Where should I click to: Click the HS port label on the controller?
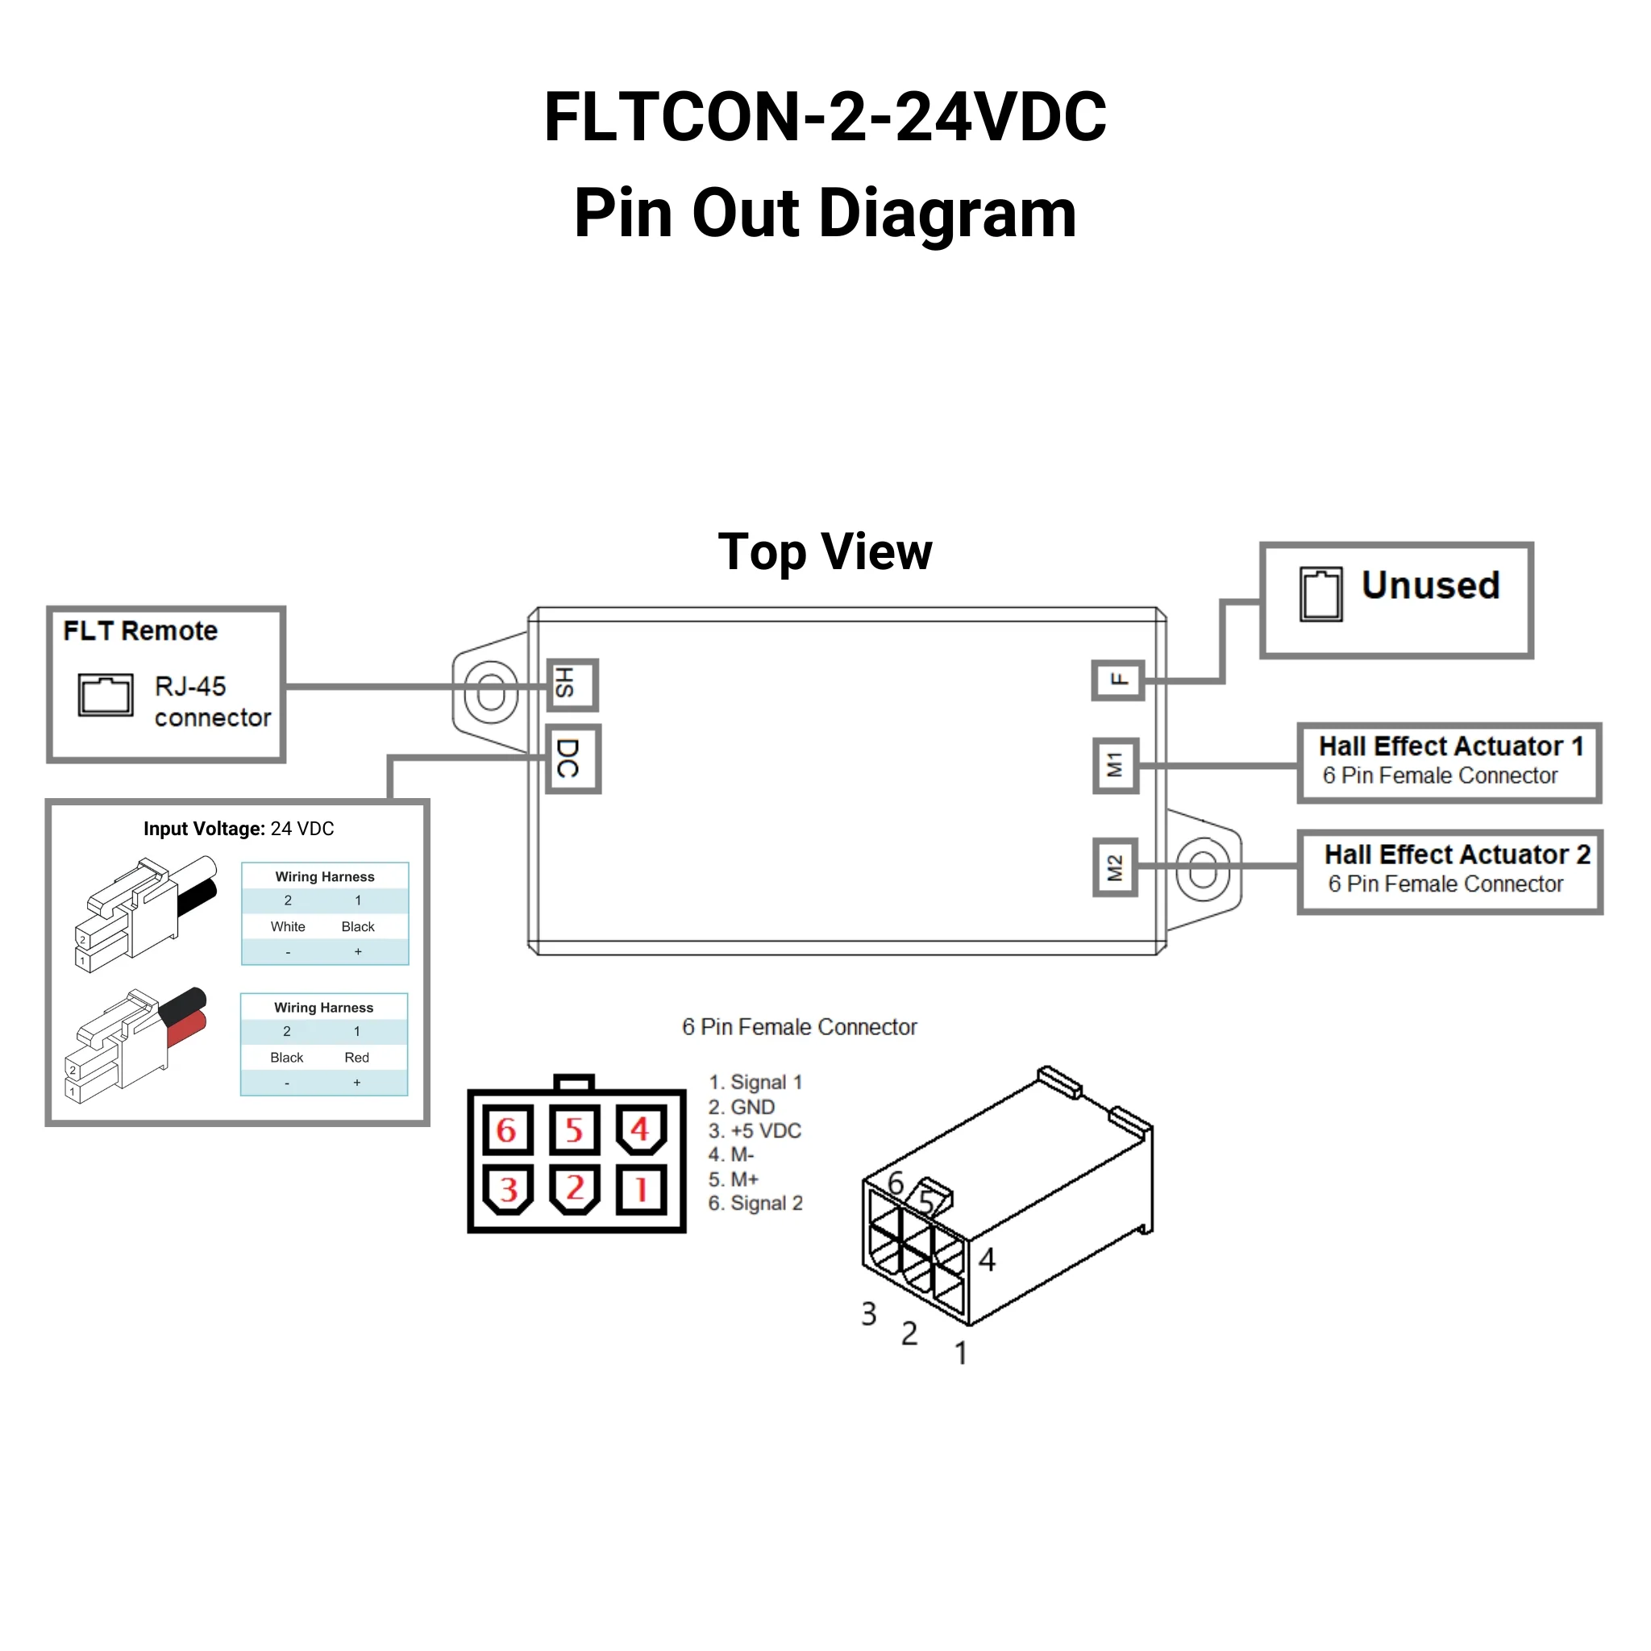[x=572, y=684]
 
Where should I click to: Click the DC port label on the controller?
[x=572, y=759]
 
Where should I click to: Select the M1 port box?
[x=1115, y=765]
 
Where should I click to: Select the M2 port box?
[x=1115, y=867]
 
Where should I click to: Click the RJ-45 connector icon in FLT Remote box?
[x=105, y=694]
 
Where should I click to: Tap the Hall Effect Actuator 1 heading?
[x=1450, y=746]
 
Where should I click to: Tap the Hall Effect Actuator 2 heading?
[x=1456, y=855]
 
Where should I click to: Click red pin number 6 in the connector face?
[x=507, y=1129]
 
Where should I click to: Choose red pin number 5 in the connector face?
[x=573, y=1129]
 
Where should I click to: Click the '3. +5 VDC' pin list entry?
[x=755, y=1130]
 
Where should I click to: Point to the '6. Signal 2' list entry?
[x=755, y=1204]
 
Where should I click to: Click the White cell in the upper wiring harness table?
[x=288, y=926]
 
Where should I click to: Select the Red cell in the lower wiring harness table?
[x=356, y=1057]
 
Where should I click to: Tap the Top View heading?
[x=825, y=551]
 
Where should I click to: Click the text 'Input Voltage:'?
[x=203, y=828]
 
